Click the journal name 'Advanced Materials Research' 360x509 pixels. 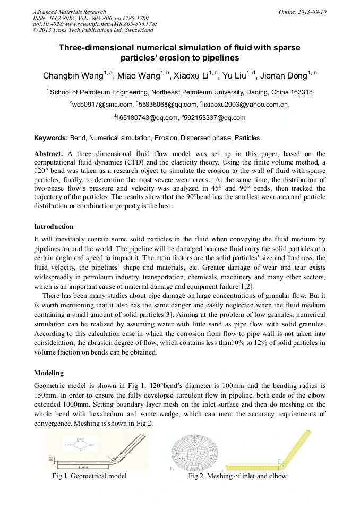coord(69,12)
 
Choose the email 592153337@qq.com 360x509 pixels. coord(215,118)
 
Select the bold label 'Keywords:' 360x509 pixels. coord(51,138)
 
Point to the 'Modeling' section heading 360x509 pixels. coord(49,373)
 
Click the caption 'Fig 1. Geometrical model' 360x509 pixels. coord(89,476)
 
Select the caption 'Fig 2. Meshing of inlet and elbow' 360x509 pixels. coord(237,476)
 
